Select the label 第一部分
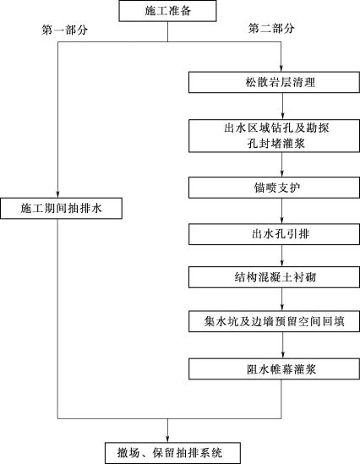tap(64, 30)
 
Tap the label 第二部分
tap(271, 29)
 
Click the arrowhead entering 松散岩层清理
tap(281, 68)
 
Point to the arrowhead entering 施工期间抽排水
tap(57, 194)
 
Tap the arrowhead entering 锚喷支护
tap(282, 173)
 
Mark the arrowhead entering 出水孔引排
tap(282, 220)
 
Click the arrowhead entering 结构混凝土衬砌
tap(282, 263)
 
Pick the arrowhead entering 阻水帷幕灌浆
tap(283, 355)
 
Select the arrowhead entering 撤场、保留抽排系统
tap(167, 439)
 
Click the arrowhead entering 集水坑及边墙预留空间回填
tap(282, 307)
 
